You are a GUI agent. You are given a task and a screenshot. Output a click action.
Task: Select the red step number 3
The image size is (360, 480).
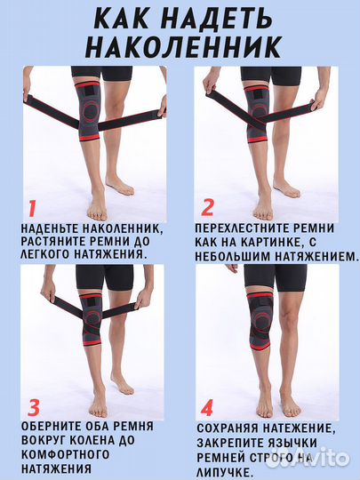(34, 408)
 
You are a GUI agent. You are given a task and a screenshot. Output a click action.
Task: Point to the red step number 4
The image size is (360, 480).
(207, 409)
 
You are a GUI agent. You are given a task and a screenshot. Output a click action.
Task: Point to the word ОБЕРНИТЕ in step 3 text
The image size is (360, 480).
(52, 426)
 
